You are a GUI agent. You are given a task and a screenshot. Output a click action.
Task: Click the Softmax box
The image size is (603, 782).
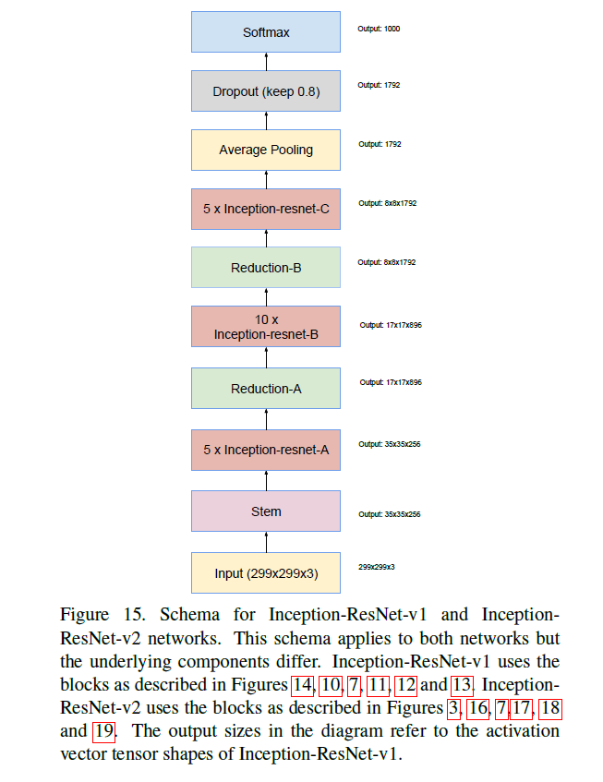(x=266, y=32)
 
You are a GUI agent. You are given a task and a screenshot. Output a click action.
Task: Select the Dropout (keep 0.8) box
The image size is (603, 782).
(x=266, y=91)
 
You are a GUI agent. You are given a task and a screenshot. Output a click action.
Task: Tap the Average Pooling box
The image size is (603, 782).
(x=266, y=150)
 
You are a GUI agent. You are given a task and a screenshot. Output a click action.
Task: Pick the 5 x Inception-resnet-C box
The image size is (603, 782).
(x=266, y=210)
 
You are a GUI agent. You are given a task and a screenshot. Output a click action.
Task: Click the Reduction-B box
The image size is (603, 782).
(x=266, y=269)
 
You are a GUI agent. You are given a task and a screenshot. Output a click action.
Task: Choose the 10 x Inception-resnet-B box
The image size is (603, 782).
(x=266, y=328)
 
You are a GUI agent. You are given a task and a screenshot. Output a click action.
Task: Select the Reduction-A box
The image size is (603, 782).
(x=266, y=389)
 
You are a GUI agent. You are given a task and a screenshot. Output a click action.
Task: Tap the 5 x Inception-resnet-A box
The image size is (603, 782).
(x=266, y=451)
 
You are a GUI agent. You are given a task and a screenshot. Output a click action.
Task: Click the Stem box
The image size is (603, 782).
(x=266, y=511)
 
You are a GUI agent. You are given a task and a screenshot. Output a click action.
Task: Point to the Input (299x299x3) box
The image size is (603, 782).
(x=266, y=573)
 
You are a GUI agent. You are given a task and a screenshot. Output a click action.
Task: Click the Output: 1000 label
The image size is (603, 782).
(x=379, y=29)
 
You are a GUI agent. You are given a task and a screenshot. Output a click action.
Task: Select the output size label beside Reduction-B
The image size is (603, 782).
(x=387, y=262)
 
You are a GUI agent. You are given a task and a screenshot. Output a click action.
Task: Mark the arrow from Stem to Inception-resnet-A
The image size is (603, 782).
(x=266, y=481)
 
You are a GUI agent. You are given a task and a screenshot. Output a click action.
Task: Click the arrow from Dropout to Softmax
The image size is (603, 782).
(x=266, y=62)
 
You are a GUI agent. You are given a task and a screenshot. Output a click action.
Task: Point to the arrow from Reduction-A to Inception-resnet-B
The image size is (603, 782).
(x=266, y=358)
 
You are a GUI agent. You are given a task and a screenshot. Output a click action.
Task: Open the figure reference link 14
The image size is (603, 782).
(x=302, y=685)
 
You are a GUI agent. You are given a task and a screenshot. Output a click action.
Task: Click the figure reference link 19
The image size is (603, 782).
(x=103, y=731)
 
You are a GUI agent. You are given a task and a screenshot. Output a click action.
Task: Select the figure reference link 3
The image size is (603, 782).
(x=453, y=708)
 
